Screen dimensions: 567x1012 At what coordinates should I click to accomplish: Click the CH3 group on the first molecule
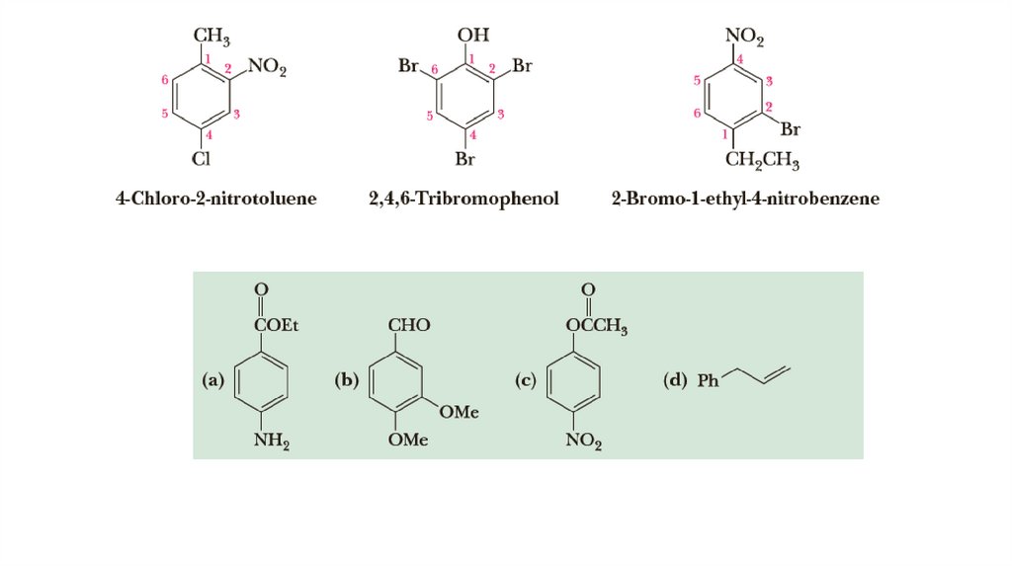click(x=211, y=38)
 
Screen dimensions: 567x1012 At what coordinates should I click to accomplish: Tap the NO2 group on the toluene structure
click(x=267, y=67)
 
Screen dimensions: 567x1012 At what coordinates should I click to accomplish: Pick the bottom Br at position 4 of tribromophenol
click(x=466, y=158)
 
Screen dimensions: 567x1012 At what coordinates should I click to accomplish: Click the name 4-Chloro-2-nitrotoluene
click(x=216, y=200)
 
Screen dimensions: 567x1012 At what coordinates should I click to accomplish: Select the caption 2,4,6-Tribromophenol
click(x=464, y=200)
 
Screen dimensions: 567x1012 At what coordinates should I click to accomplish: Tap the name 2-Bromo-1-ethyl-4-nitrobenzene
click(x=745, y=200)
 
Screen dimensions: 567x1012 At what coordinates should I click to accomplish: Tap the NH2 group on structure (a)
click(x=271, y=442)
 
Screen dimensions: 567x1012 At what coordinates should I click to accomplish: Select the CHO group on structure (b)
click(x=409, y=325)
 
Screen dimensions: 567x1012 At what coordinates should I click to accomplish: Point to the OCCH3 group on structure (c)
click(x=597, y=326)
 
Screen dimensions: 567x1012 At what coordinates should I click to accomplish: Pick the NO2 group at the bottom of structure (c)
click(x=583, y=442)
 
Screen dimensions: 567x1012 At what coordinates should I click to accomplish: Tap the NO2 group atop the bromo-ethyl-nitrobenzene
click(x=745, y=38)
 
